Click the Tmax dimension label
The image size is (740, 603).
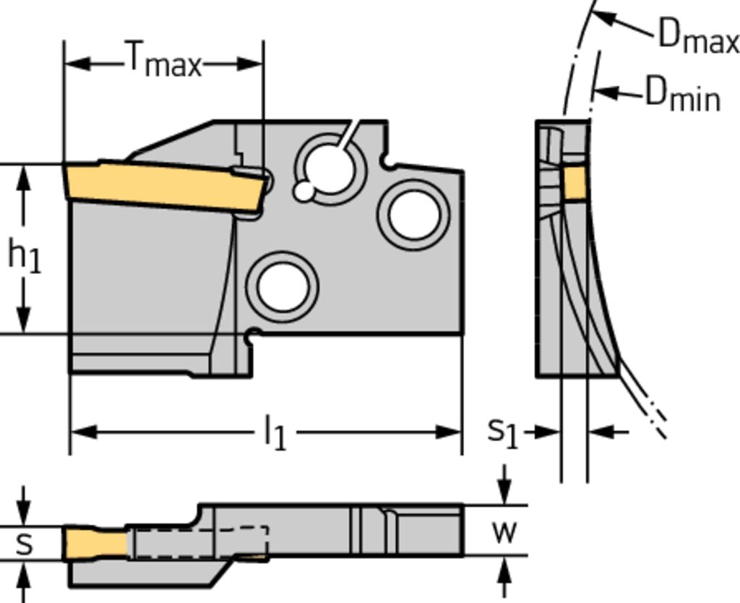click(x=163, y=61)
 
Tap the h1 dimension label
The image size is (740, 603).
click(x=24, y=256)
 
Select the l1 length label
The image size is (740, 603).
click(x=275, y=434)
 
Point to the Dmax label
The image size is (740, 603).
click(x=697, y=36)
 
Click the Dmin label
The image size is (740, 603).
click(x=682, y=94)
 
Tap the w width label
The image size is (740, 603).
click(x=504, y=531)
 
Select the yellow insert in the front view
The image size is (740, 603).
click(x=163, y=185)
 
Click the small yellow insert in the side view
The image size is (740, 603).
click(x=575, y=182)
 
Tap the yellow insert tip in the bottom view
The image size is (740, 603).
click(x=94, y=542)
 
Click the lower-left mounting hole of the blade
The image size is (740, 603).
click(x=283, y=286)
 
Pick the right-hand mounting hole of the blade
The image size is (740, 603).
click(x=413, y=214)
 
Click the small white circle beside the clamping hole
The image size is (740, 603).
click(x=304, y=192)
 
